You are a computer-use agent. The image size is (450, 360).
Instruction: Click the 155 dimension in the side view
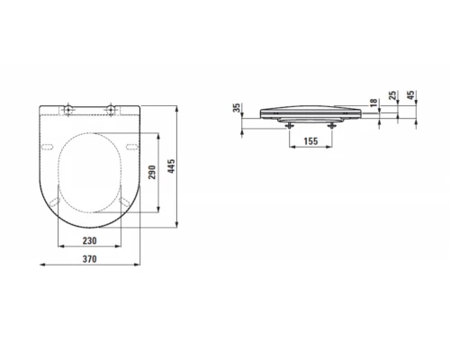[x=310, y=142]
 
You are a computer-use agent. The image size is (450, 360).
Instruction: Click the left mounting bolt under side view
[x=289, y=125]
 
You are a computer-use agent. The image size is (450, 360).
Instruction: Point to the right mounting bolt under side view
[x=331, y=125]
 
